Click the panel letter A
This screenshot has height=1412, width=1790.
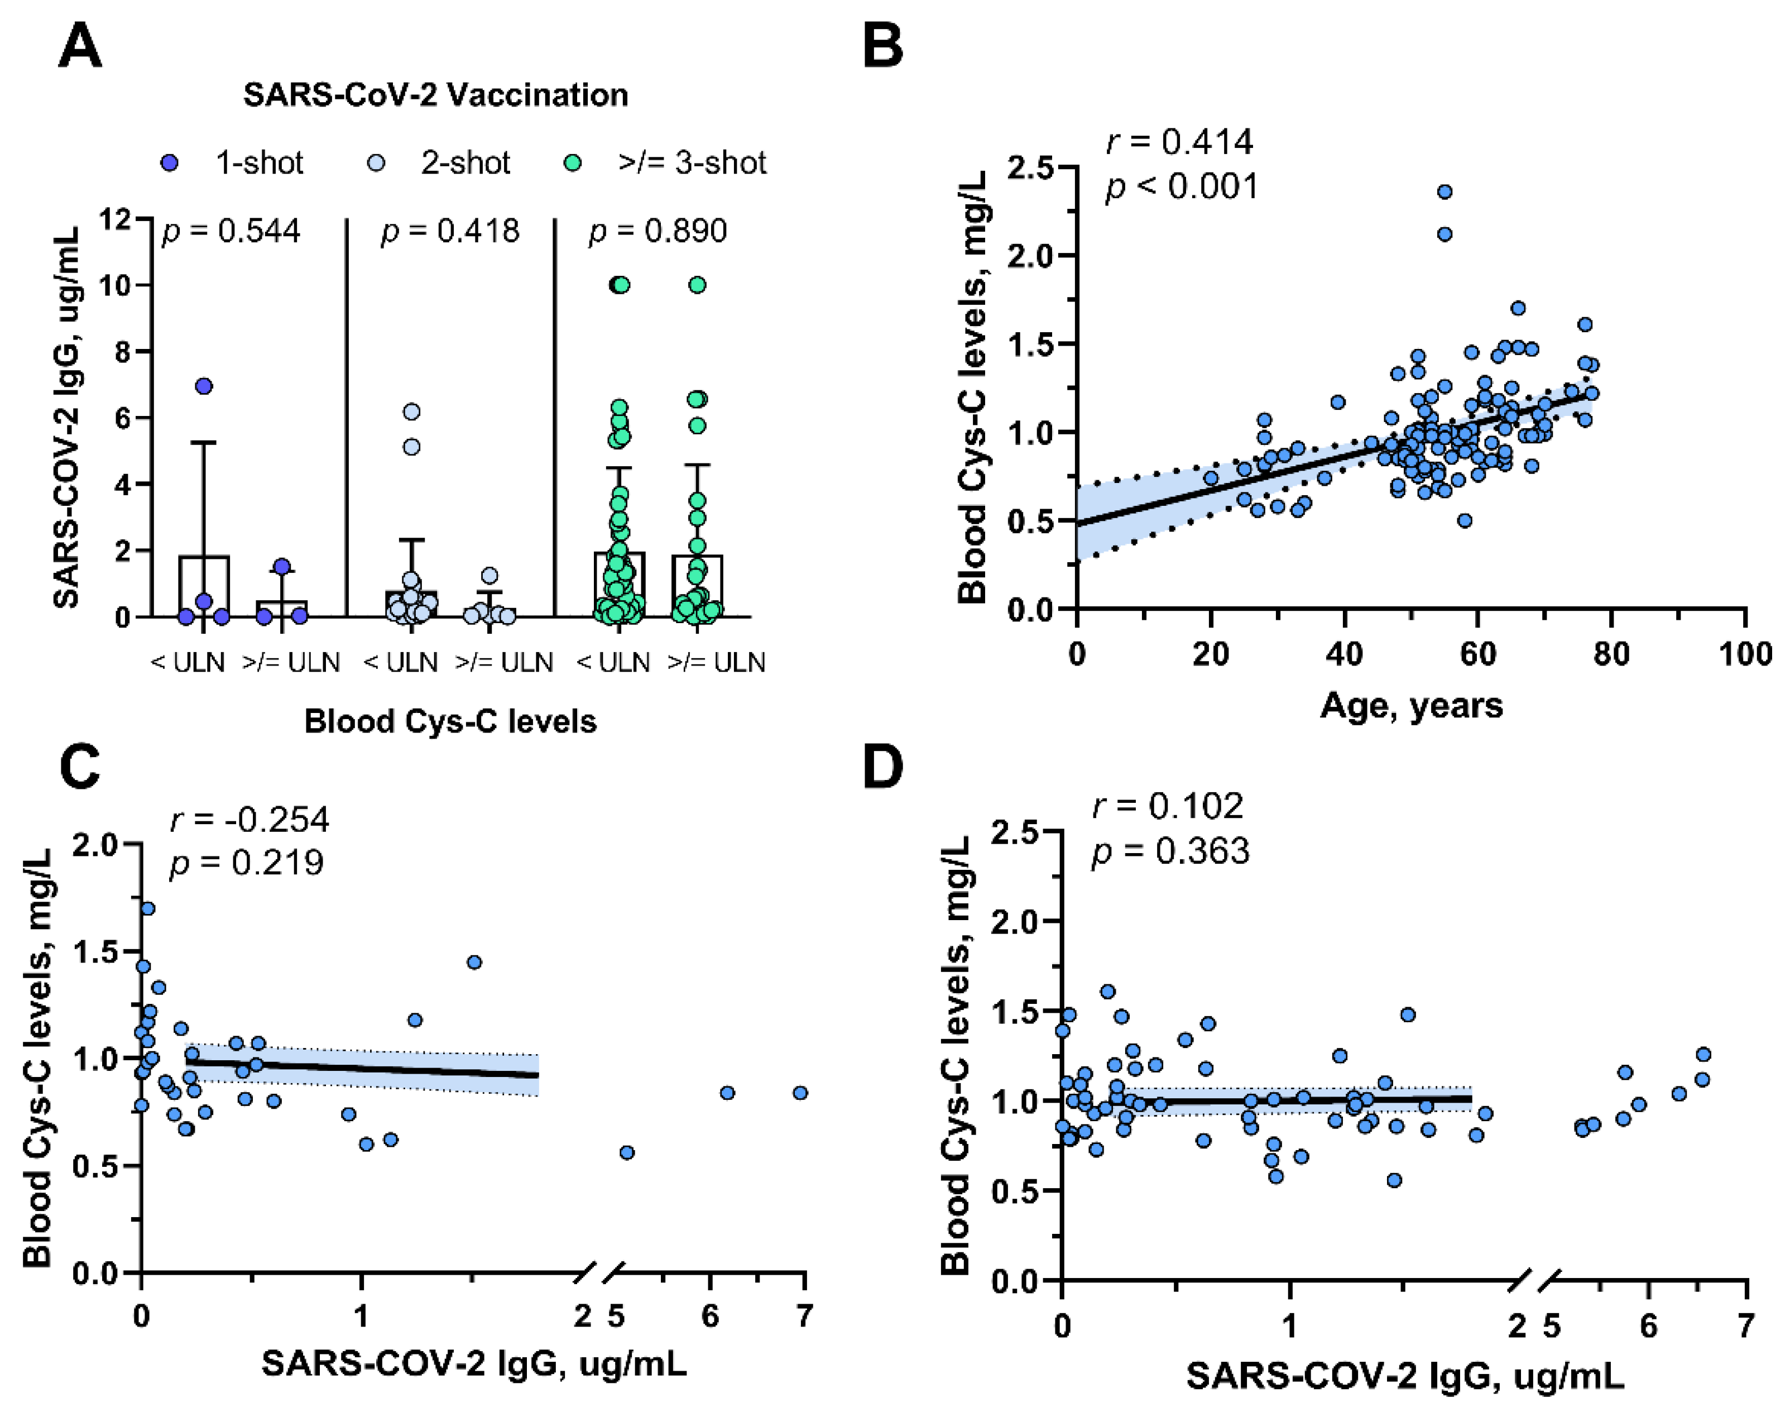[80, 46]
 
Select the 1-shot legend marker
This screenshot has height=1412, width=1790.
[170, 163]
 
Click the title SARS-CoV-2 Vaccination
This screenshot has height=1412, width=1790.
[435, 95]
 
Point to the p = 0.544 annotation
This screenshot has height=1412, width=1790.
[232, 231]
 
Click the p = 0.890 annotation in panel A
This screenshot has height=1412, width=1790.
[658, 231]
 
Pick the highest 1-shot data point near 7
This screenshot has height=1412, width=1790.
[203, 386]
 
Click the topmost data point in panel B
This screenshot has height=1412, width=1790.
[1445, 192]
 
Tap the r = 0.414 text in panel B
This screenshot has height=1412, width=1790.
[1179, 142]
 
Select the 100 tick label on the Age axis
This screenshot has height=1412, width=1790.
[1745, 654]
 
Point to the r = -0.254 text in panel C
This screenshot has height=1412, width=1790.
[249, 819]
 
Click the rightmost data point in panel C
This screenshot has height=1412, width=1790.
[800, 1093]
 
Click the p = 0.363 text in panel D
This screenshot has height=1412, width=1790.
[1170, 851]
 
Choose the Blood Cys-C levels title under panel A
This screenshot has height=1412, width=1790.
[450, 721]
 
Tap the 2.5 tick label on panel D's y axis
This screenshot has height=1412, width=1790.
[1015, 832]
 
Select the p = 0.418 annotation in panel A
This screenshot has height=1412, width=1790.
[450, 231]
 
